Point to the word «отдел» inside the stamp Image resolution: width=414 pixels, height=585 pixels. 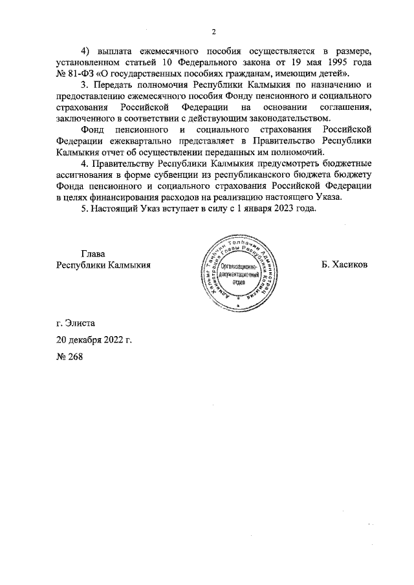click(240, 282)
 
